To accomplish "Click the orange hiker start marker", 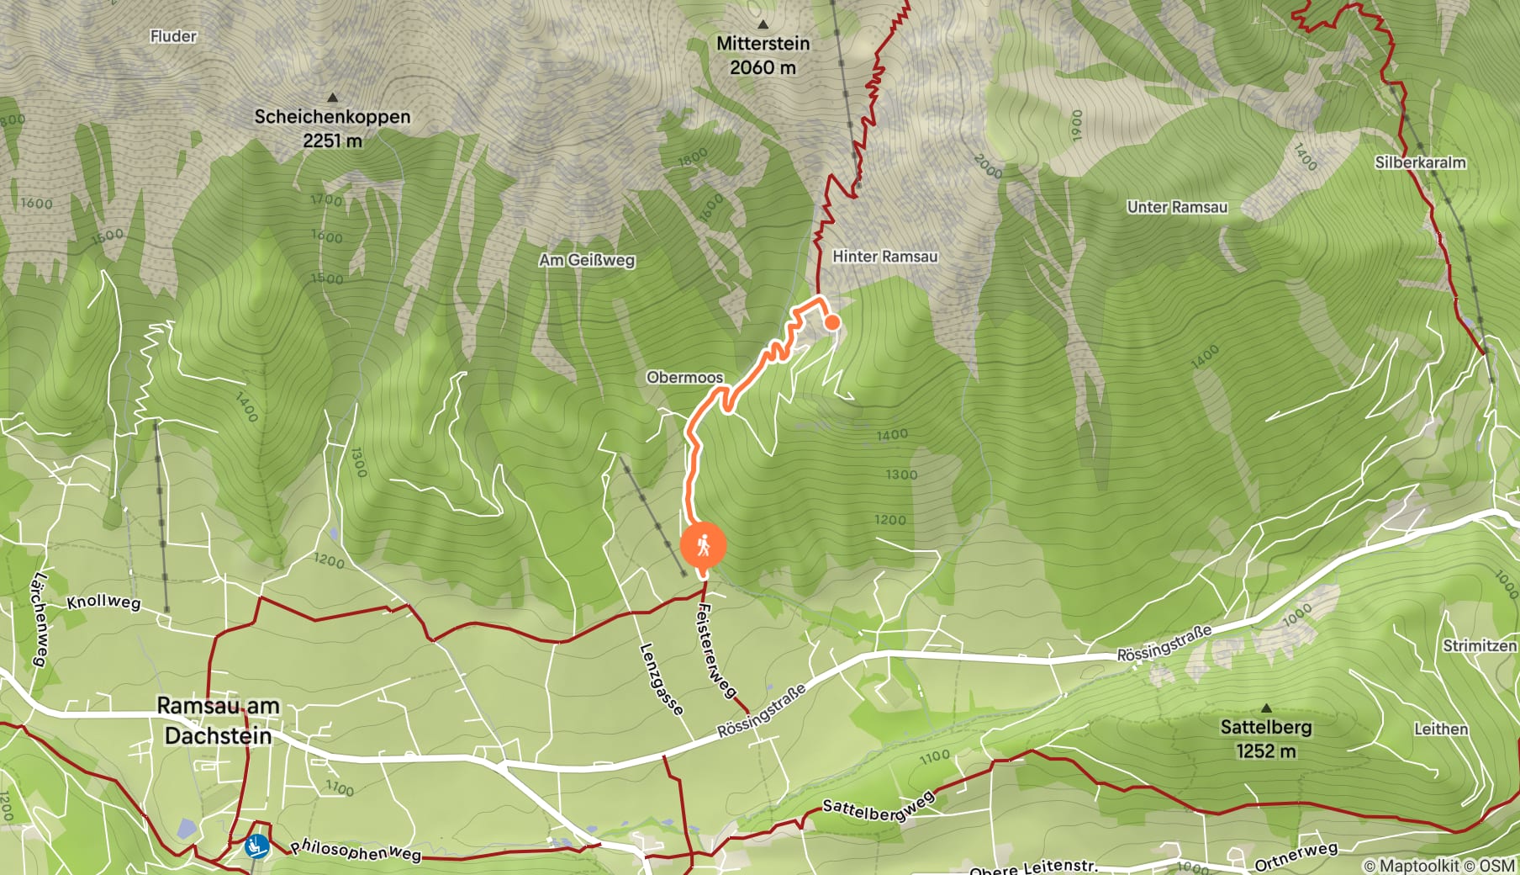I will point(703,546).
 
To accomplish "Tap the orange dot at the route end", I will point(831,321).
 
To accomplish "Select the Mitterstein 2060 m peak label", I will point(763,55).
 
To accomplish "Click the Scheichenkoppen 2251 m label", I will point(332,128).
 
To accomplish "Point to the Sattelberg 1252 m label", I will point(1265,738).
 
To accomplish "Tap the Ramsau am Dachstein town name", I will point(218,720).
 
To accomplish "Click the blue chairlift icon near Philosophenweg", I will point(256,846).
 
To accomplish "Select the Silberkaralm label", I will point(1420,162).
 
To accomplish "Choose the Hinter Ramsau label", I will point(884,257).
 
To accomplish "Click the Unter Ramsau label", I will point(1177,207).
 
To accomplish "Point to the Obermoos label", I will point(684,377).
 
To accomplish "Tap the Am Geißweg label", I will point(587,260).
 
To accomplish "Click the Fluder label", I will point(173,36).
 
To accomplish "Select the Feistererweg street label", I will point(715,650).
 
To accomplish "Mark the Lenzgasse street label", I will point(661,679).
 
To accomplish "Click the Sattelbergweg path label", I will point(878,808).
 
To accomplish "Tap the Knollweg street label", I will point(103,602).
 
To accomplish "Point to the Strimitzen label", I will point(1479,645).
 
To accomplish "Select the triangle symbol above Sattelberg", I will point(1266,708).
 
